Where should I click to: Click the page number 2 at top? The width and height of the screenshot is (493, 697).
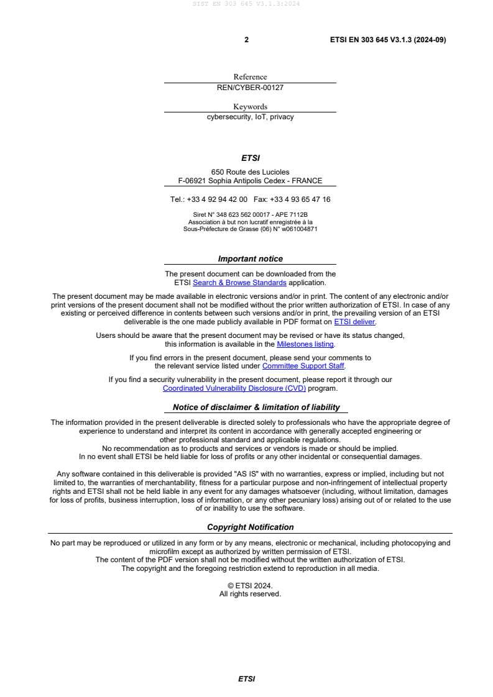(246, 40)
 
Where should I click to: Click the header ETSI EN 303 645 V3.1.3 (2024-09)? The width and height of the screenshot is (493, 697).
(387, 40)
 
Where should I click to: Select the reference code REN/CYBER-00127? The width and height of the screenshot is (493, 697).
(250, 88)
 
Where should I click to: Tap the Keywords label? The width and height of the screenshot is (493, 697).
(250, 106)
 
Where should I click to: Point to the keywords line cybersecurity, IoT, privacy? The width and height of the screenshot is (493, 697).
(250, 117)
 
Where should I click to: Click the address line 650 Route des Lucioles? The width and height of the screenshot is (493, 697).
(250, 172)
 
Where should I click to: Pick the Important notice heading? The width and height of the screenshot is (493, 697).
(250, 259)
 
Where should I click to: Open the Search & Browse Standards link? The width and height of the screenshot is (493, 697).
(239, 283)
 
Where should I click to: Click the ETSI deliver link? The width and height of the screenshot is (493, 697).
(355, 322)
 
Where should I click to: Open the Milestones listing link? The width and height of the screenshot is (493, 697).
(305, 344)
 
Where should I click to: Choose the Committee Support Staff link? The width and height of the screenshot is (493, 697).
(303, 366)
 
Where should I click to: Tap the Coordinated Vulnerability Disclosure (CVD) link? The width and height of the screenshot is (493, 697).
(234, 388)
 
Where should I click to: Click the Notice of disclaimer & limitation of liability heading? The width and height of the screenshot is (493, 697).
(256, 408)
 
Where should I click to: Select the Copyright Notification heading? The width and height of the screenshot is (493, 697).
(250, 527)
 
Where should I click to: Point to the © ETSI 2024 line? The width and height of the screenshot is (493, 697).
(250, 585)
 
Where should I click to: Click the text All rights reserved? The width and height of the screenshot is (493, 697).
(250, 594)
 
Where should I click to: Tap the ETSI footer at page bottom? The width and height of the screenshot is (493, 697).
(246, 679)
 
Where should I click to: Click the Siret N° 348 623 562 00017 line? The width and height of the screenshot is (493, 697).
(250, 214)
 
